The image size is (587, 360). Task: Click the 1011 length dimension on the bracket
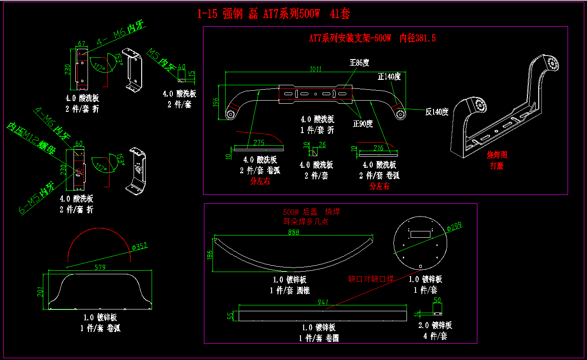[316, 69]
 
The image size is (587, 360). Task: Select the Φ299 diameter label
[454, 227]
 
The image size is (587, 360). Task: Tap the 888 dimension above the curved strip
[293, 233]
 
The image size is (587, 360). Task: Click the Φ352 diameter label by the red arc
[139, 247]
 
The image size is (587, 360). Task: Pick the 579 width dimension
[100, 268]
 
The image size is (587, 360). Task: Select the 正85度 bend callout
[360, 63]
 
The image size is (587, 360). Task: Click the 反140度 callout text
[437, 112]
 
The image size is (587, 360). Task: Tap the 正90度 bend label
[363, 124]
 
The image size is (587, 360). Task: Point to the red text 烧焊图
[497, 155]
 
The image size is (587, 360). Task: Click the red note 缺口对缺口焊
[370, 279]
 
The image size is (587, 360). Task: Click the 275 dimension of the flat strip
[259, 143]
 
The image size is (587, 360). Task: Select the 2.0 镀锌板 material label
[435, 325]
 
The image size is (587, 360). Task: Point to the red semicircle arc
[99, 237]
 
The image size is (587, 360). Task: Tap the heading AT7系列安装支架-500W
[350, 38]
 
